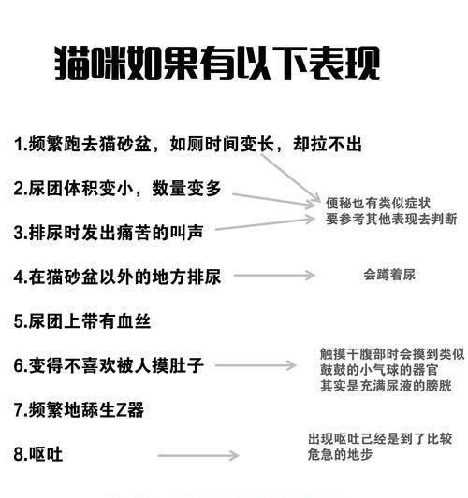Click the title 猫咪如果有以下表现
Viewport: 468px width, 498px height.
click(x=217, y=63)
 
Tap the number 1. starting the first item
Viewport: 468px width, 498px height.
click(x=21, y=145)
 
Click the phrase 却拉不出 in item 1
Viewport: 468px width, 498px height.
click(x=328, y=144)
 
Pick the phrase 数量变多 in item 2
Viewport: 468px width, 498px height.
click(x=186, y=189)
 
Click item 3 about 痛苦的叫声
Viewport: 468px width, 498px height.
click(x=109, y=233)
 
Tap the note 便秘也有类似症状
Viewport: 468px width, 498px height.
click(x=378, y=204)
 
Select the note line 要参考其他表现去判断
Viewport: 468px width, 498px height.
click(x=391, y=219)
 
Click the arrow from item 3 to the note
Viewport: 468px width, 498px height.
click(x=265, y=224)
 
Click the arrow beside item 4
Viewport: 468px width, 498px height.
click(x=274, y=275)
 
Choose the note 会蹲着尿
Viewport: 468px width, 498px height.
click(x=389, y=275)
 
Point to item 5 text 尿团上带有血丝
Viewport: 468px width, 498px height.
click(x=82, y=321)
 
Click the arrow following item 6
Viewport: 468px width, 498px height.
click(x=256, y=365)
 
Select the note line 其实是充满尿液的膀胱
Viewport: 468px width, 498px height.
click(x=386, y=386)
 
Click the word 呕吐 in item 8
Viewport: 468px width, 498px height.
click(x=46, y=454)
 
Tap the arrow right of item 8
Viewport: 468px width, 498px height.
click(x=198, y=455)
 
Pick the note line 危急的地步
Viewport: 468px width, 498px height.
click(x=340, y=454)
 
